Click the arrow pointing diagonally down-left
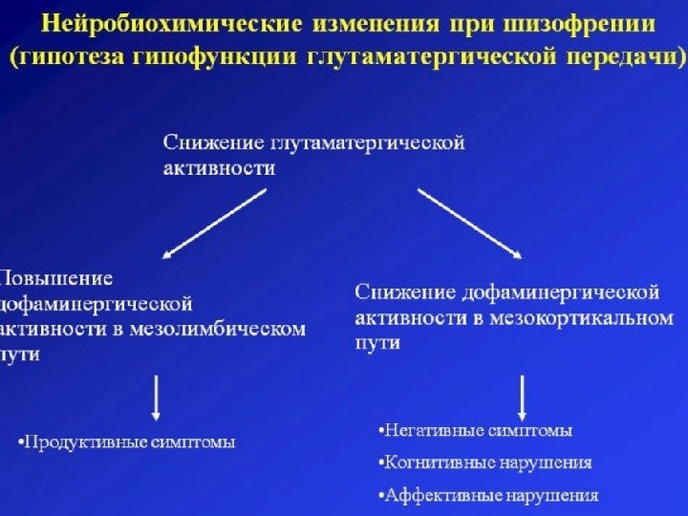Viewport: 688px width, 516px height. click(215, 224)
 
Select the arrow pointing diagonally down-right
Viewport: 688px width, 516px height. click(470, 224)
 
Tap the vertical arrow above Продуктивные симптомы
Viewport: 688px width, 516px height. click(158, 398)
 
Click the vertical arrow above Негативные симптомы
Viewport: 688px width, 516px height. click(523, 398)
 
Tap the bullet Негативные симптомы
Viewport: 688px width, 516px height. click(475, 431)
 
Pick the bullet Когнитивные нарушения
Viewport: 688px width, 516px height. click(484, 462)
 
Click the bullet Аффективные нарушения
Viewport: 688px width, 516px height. click(488, 495)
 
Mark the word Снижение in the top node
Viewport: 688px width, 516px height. click(212, 143)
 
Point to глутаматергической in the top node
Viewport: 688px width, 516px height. click(368, 143)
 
